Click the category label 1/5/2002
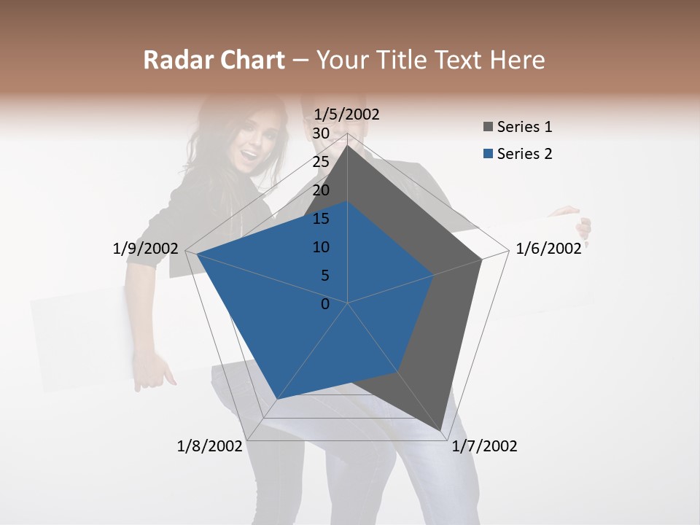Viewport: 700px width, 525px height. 346,114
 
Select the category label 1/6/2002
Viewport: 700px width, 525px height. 548,249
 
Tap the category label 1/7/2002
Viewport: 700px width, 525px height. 484,446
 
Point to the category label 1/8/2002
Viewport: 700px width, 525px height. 209,446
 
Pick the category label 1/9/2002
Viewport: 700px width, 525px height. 145,249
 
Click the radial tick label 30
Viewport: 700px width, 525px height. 320,133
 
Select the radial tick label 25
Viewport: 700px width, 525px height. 320,162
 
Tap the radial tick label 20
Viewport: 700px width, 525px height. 320,190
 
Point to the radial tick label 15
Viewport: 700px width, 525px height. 320,219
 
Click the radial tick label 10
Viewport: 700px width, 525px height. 320,247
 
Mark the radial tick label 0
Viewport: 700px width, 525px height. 325,304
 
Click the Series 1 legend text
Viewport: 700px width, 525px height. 524,127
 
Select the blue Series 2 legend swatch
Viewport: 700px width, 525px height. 487,154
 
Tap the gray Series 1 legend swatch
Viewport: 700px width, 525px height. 487,128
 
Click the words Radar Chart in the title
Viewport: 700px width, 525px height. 214,60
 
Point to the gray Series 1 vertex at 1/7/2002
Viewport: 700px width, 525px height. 443,432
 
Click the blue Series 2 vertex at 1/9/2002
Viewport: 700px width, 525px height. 197,254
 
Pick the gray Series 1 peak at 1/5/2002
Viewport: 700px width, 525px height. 347,147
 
